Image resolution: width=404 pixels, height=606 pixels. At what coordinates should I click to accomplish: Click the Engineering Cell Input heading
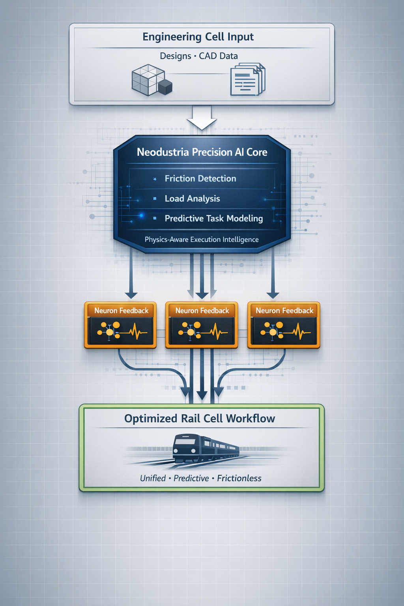click(198, 37)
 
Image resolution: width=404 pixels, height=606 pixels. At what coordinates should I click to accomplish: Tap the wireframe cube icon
click(148, 80)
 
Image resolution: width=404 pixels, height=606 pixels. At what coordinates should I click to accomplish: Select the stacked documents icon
click(247, 80)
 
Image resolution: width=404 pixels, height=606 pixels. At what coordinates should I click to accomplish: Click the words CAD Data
click(218, 56)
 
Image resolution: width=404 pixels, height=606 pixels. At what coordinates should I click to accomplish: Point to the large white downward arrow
click(202, 118)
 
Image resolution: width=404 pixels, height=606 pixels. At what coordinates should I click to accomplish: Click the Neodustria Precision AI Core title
click(202, 152)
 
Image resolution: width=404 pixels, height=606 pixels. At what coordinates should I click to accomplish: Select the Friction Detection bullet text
click(200, 179)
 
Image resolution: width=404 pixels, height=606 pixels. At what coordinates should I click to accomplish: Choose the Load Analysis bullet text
click(192, 199)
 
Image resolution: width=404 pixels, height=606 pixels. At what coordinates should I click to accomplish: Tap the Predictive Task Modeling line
click(213, 219)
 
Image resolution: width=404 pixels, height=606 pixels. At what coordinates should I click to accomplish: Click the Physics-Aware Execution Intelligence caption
click(202, 239)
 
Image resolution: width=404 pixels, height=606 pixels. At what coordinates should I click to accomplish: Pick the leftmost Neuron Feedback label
click(121, 311)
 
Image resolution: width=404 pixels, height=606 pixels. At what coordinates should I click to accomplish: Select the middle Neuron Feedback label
click(202, 311)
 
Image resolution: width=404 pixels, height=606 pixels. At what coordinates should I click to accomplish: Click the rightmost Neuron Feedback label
click(284, 311)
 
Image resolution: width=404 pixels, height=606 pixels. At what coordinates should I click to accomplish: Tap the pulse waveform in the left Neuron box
click(135, 332)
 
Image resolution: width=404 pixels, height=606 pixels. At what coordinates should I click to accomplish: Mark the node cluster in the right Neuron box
click(273, 331)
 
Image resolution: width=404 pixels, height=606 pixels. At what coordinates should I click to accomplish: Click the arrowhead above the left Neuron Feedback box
click(131, 295)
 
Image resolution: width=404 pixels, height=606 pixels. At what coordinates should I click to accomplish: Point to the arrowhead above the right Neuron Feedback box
click(273, 295)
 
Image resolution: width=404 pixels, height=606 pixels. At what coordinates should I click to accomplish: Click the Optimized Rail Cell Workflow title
click(200, 419)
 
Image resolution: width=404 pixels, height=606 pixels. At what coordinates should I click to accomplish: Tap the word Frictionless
click(239, 479)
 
